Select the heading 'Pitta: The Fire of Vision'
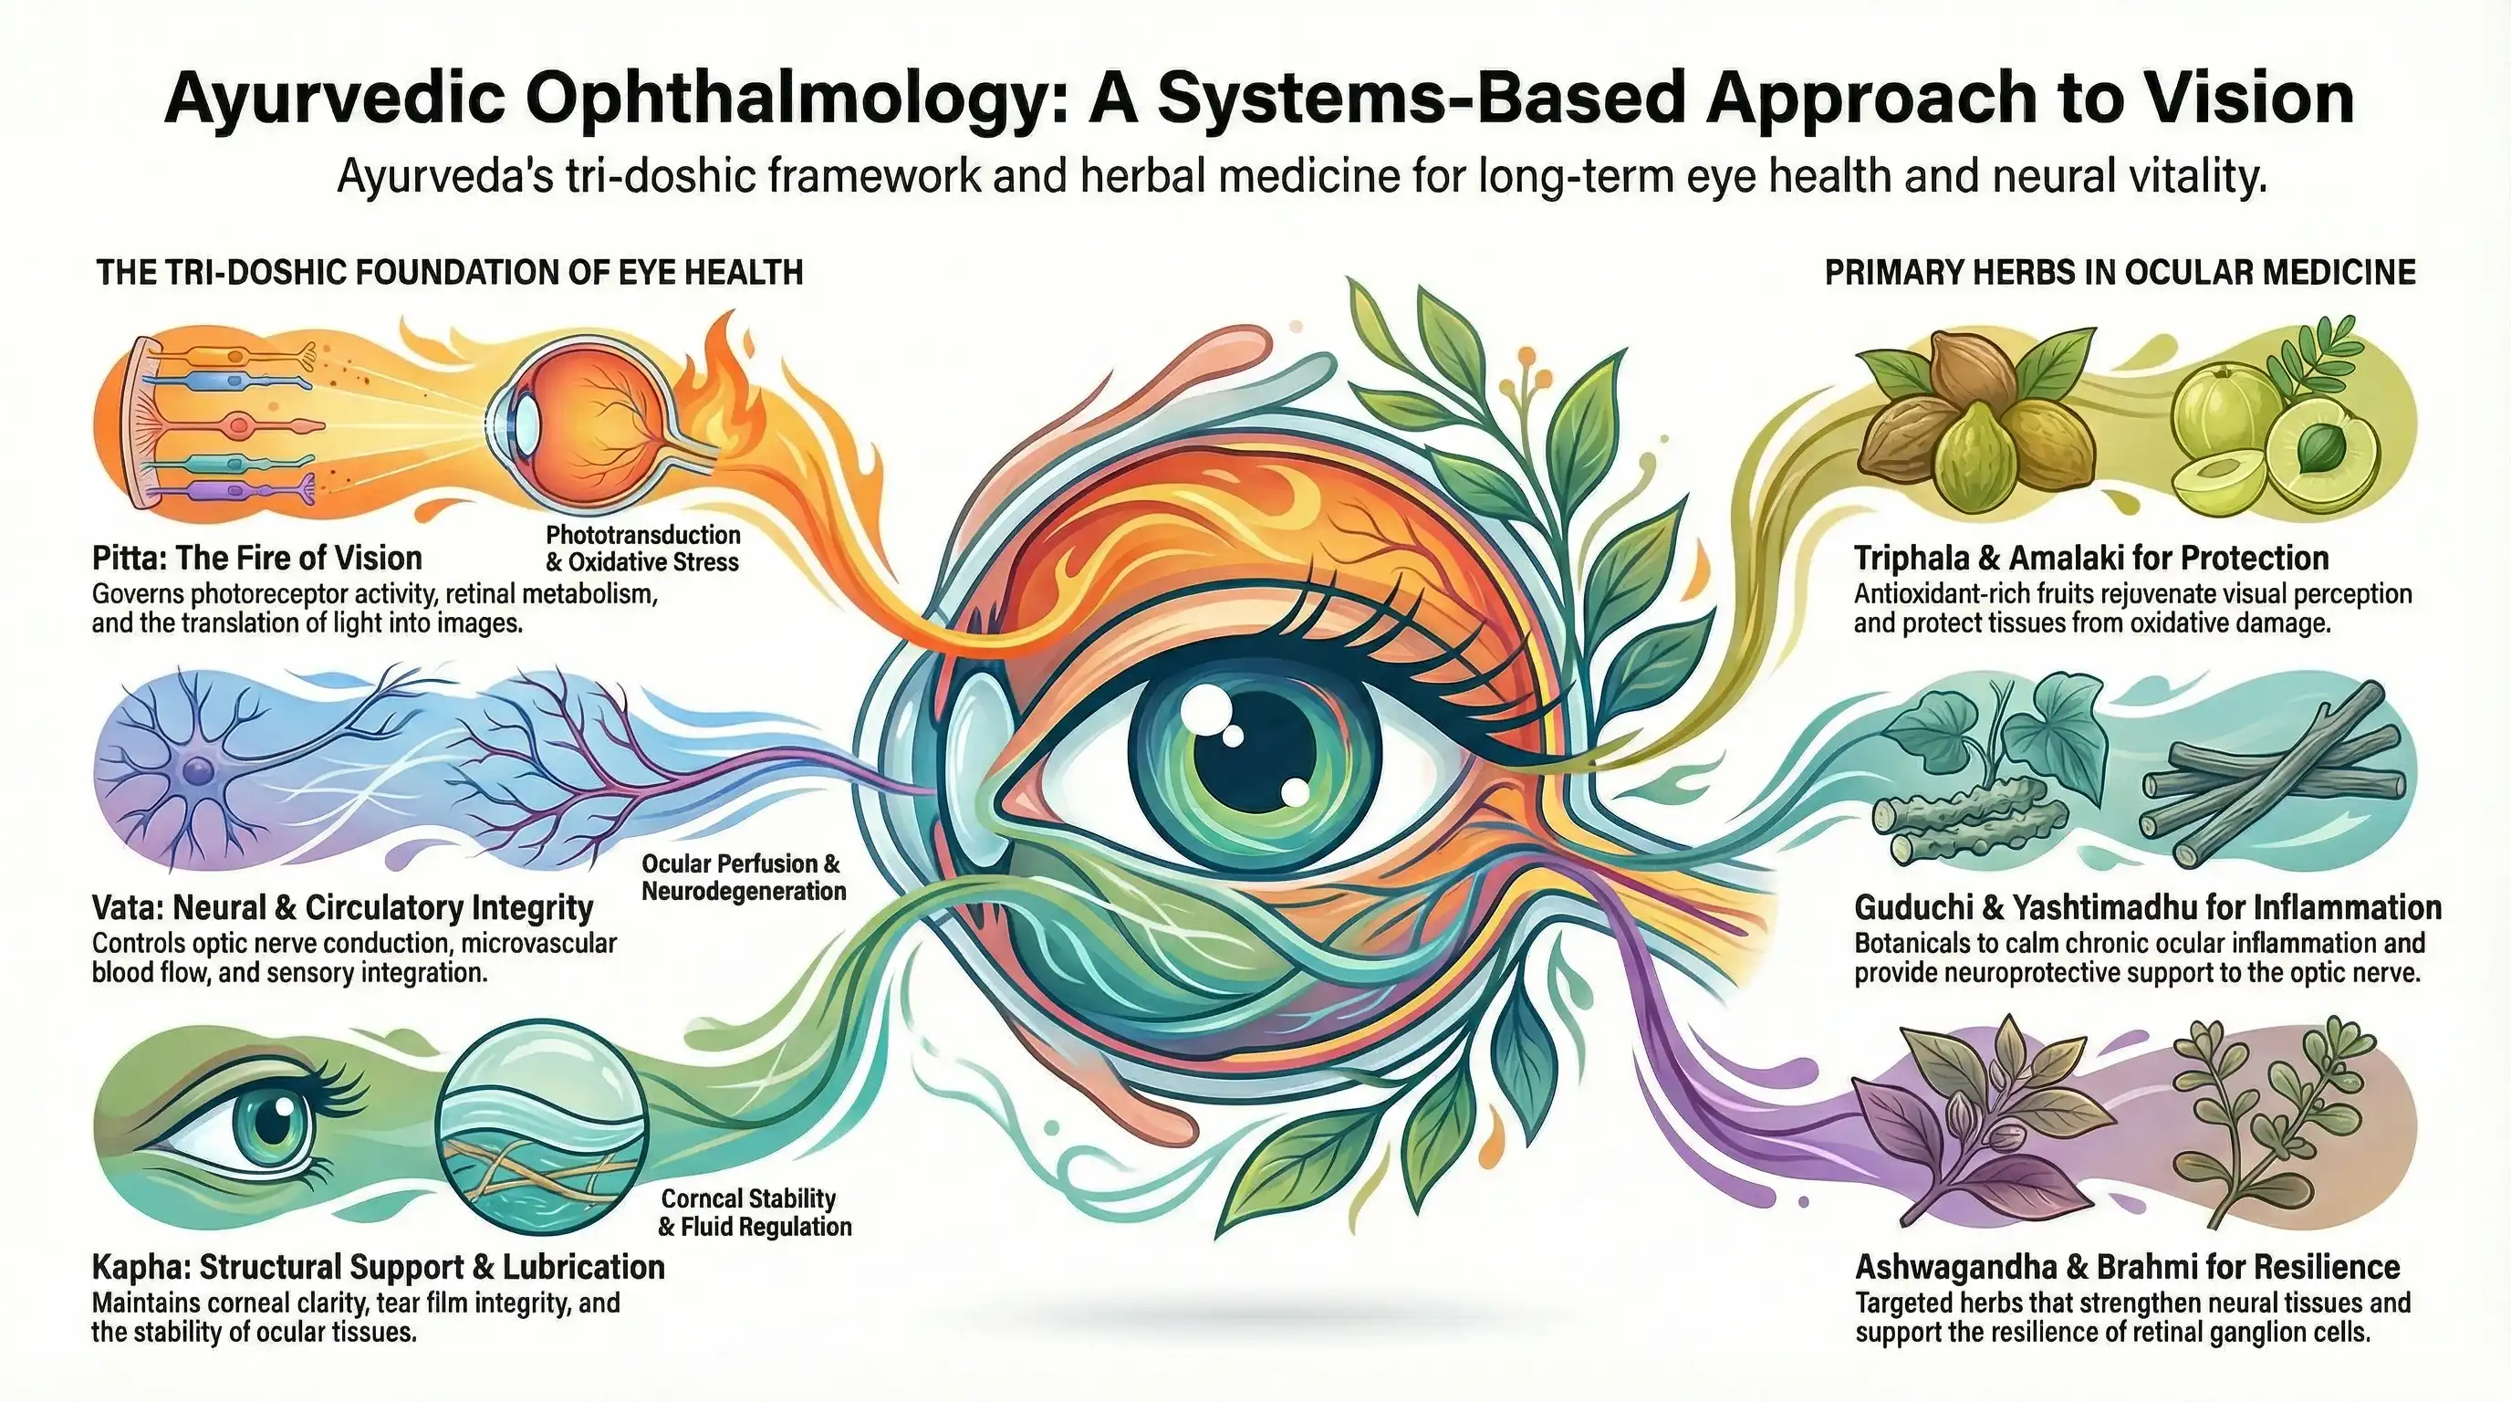coord(257,558)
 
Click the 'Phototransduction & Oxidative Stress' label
coord(642,548)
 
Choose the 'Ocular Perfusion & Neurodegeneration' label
coord(743,876)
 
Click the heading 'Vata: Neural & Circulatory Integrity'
coord(342,906)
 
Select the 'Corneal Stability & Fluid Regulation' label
coord(755,1212)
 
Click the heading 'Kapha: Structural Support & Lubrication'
coord(379,1267)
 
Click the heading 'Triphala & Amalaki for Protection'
coord(2091,558)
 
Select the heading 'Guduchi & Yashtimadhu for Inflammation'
coord(2146,906)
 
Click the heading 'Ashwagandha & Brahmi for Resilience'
coord(2126,1267)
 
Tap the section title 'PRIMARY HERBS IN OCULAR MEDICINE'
coord(2120,272)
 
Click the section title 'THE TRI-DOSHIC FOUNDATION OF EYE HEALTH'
coord(449,272)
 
